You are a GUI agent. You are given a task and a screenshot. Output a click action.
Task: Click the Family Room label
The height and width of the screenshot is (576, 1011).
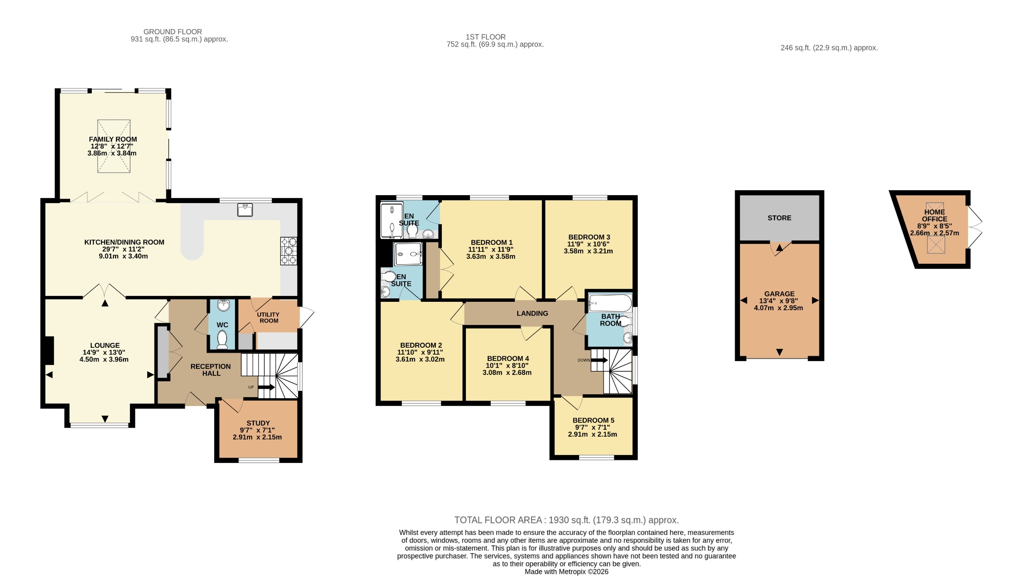(113, 139)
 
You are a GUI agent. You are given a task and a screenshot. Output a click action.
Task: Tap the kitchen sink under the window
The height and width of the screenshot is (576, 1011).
(245, 210)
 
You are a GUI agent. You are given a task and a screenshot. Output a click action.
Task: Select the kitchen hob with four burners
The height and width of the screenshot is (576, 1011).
(289, 251)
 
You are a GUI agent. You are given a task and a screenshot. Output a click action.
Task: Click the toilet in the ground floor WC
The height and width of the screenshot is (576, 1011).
(222, 339)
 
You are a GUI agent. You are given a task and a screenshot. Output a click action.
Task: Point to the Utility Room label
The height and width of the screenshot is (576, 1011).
(269, 318)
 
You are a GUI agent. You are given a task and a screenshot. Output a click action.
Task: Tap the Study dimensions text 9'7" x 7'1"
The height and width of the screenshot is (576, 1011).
(258, 430)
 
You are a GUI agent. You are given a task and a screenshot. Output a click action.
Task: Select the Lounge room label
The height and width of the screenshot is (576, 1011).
(105, 345)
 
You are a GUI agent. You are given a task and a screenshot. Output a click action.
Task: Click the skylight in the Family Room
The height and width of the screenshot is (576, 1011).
(114, 146)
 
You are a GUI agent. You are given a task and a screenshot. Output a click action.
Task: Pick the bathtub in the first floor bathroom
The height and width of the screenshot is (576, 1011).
(610, 303)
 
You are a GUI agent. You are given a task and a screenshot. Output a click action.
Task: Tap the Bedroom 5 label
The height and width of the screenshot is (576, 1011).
(593, 420)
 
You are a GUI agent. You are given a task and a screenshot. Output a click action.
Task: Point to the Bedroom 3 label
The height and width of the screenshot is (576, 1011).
(589, 237)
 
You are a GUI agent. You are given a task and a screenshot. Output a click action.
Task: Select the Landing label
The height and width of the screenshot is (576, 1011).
(532, 313)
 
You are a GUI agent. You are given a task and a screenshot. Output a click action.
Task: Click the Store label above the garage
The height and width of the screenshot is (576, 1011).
(779, 218)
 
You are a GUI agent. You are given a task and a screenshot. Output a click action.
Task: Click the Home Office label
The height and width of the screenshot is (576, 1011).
(934, 215)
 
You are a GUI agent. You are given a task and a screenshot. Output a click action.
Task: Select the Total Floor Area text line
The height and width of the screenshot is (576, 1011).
(567, 520)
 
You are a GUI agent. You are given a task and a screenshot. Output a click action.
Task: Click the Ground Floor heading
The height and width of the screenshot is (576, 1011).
(173, 32)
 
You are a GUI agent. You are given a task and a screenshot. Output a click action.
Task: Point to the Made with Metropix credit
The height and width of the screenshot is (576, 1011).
(567, 572)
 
